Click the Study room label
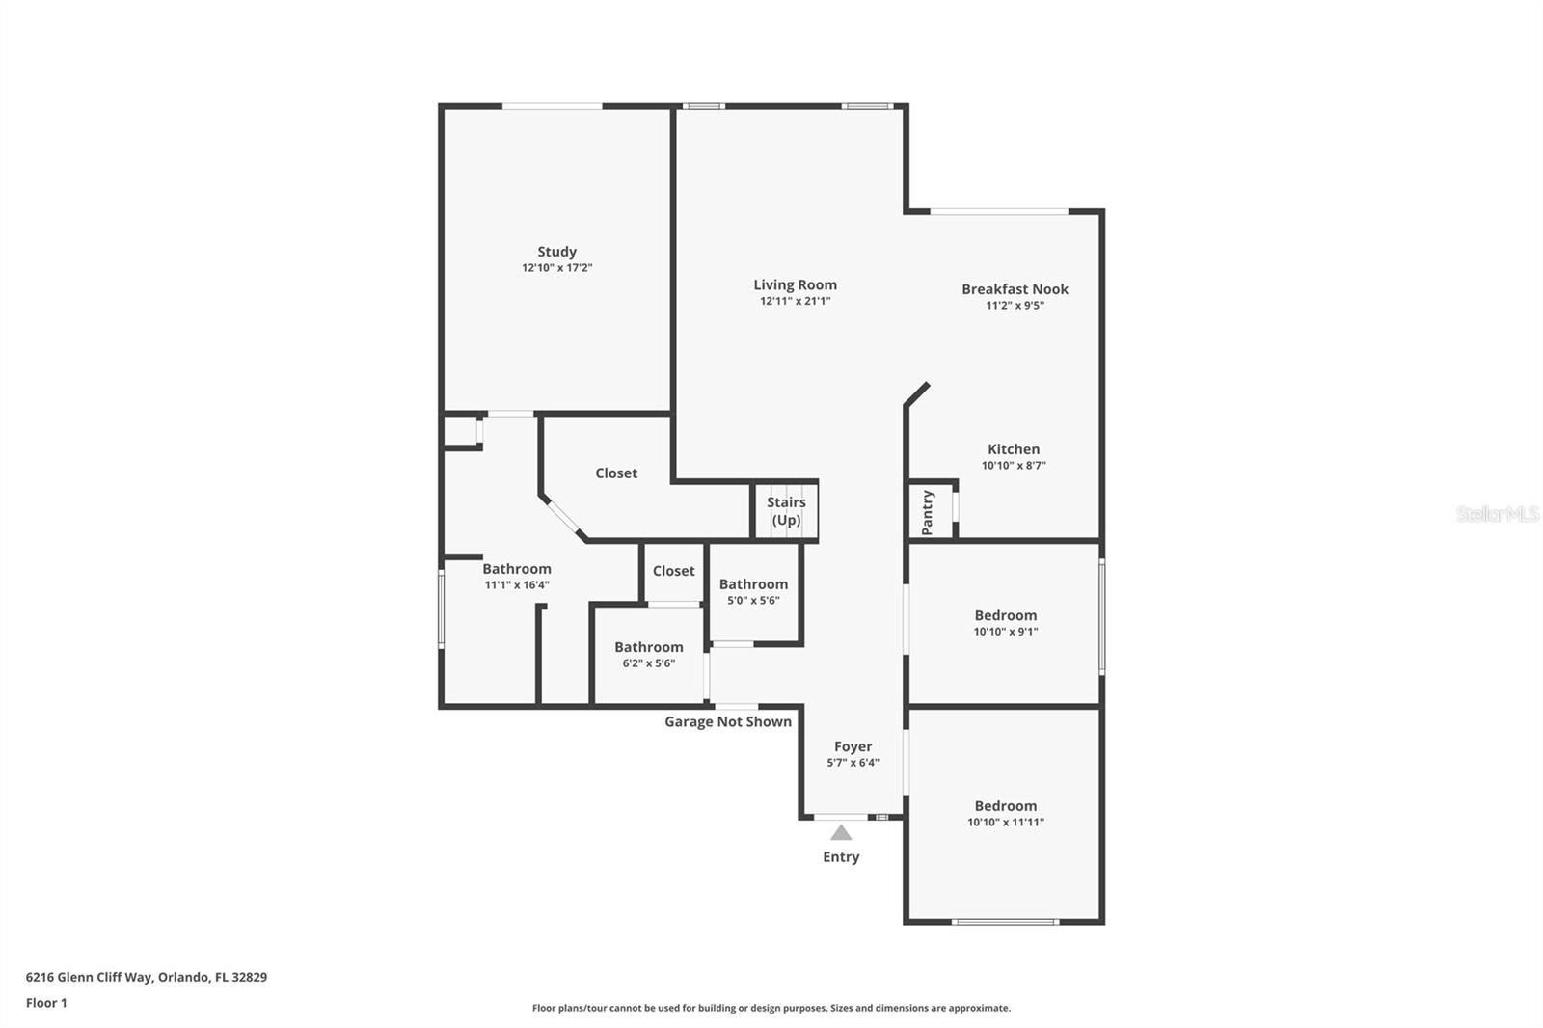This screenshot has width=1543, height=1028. coord(556,252)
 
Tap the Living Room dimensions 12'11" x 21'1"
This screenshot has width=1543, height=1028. coord(795,301)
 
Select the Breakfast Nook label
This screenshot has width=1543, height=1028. coord(1015,289)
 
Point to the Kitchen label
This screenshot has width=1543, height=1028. coord(1014,449)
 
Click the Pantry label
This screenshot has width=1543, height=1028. coord(927,513)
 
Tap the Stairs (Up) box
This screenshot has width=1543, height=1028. coord(786,511)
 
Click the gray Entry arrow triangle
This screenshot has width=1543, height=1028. coord(840,833)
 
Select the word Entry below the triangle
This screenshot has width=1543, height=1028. coord(841,857)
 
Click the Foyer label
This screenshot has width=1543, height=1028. coord(853,746)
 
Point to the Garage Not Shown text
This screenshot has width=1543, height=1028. coord(728,721)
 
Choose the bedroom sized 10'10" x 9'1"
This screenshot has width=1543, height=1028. coord(1005,622)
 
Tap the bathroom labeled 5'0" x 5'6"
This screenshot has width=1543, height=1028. coord(753,591)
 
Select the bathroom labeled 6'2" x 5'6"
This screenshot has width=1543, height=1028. coord(649,655)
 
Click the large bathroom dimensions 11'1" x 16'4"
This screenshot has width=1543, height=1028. coord(517,585)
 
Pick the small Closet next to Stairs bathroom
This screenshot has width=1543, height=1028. coord(674,571)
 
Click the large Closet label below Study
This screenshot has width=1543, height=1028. coord(616,473)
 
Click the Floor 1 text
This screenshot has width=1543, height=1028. coord(47,1003)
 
